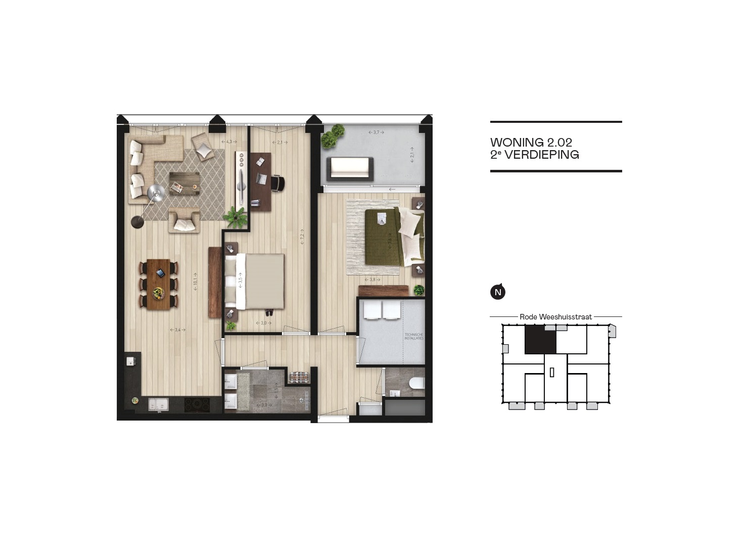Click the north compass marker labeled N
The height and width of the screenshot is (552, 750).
(498, 292)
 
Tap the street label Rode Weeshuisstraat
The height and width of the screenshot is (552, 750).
(555, 317)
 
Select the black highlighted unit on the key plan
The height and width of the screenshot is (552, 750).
(540, 340)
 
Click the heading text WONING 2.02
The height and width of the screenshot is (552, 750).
(531, 143)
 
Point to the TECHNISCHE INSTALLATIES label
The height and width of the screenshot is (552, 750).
(413, 336)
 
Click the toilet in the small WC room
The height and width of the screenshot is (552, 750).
(416, 383)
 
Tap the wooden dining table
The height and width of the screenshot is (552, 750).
(159, 284)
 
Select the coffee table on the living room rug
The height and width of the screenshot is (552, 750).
(184, 182)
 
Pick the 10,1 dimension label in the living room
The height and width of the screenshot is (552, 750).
(196, 279)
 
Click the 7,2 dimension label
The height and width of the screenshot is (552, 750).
(302, 236)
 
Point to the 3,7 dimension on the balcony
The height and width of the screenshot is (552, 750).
(376, 132)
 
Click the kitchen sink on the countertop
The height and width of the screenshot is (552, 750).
(159, 404)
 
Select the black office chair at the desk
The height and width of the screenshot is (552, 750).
(277, 183)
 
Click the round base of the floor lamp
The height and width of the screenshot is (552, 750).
(136, 222)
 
